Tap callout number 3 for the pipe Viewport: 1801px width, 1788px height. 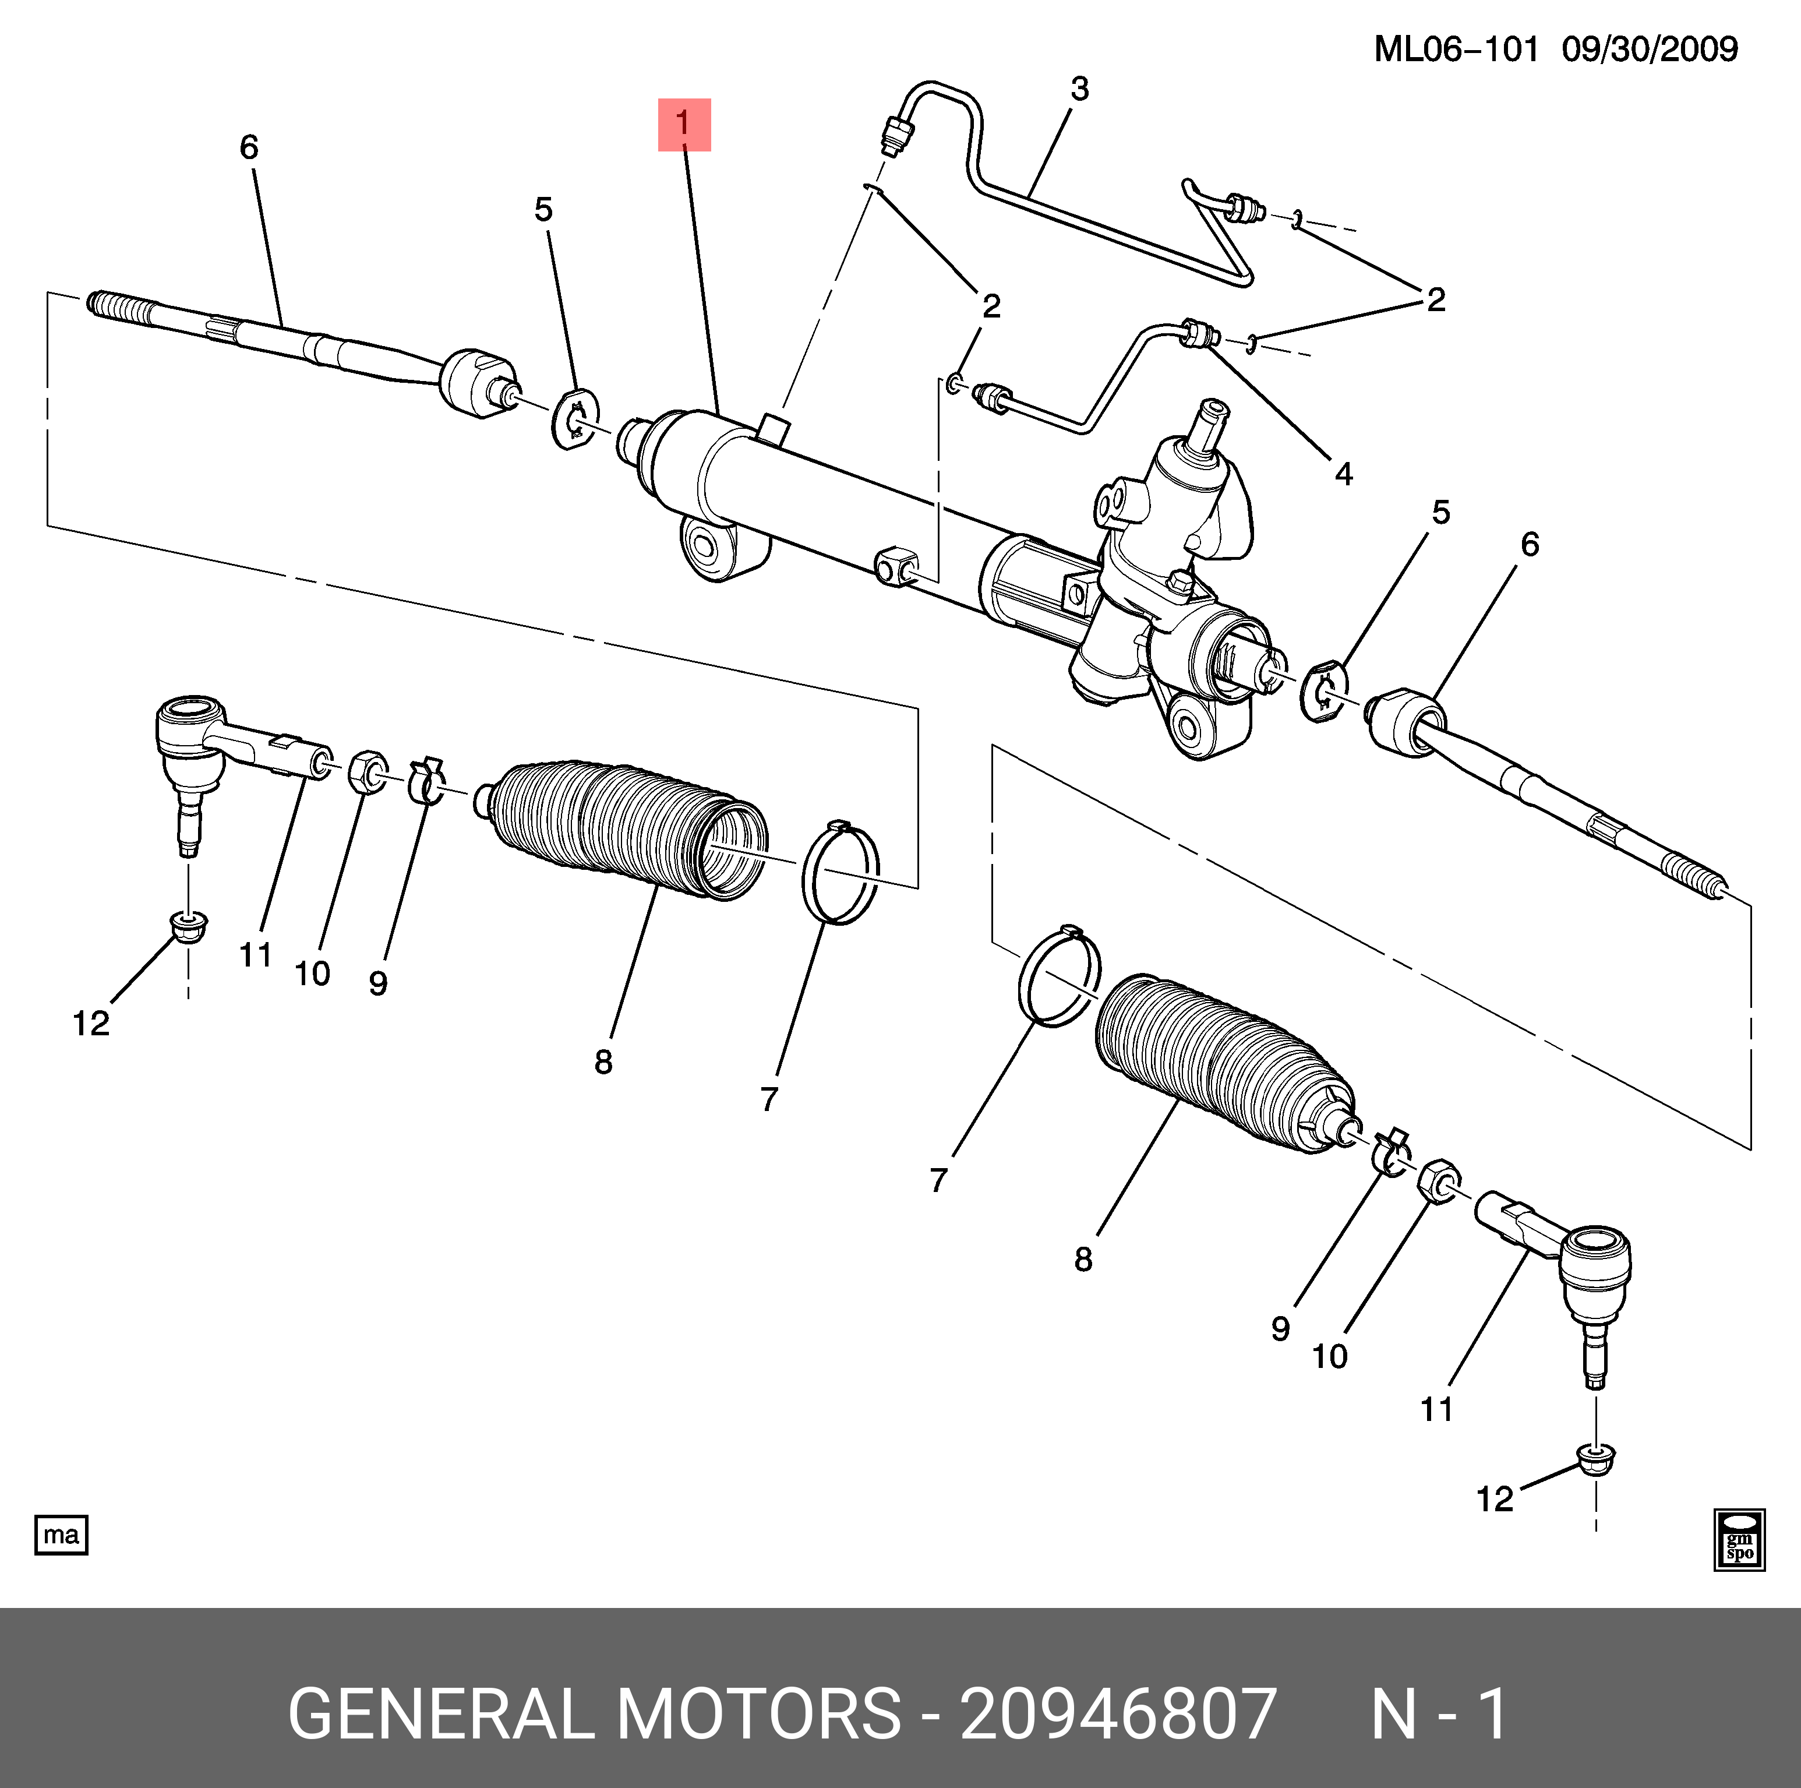tap(1079, 90)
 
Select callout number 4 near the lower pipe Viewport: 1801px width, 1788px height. tap(1343, 474)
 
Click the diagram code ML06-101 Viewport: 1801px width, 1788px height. tap(1456, 50)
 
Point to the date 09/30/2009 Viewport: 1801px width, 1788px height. tap(1649, 50)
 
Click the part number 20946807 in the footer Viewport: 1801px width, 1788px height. tap(1118, 1713)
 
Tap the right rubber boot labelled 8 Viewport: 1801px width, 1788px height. tap(1221, 1063)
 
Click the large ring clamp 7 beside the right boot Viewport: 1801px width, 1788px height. tap(1060, 977)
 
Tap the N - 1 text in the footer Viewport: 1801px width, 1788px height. tap(1438, 1713)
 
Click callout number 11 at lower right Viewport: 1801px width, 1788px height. tap(1436, 1409)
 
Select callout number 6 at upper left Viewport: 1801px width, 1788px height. tap(249, 147)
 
